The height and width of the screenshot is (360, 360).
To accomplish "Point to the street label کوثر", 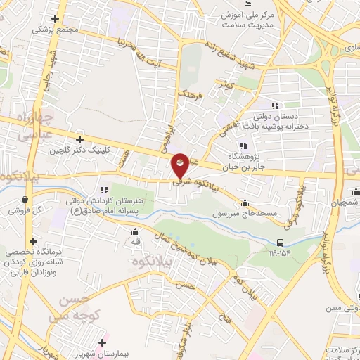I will pos(226,84).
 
